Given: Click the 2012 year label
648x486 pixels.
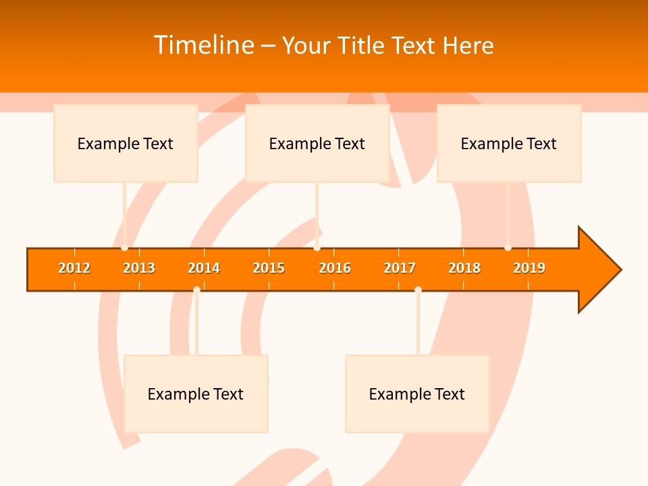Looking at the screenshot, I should (74, 268).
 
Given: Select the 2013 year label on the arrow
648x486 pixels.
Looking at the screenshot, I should (139, 268).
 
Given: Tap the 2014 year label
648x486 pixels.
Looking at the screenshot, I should (204, 268).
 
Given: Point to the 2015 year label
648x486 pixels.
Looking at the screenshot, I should (269, 268).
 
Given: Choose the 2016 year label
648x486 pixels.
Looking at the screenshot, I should (335, 268).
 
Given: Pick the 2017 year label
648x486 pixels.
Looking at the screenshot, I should (400, 268).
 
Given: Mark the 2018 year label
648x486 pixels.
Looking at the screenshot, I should (464, 268).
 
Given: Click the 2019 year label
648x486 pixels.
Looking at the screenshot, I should (529, 268).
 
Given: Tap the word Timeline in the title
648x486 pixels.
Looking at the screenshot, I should (203, 45).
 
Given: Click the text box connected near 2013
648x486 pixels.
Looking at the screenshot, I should (126, 143).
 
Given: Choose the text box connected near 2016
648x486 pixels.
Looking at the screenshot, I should (317, 143).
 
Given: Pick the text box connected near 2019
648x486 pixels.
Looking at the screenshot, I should (509, 143).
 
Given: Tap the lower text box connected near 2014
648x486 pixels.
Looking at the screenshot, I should (196, 394).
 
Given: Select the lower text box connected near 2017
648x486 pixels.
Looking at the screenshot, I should (417, 394).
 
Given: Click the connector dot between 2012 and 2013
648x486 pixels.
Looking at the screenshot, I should (124, 248).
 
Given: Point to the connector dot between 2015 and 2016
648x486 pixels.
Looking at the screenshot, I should (317, 248).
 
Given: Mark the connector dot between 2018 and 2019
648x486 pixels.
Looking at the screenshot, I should (508, 248).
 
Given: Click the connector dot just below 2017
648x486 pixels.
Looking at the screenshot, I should (418, 290).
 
